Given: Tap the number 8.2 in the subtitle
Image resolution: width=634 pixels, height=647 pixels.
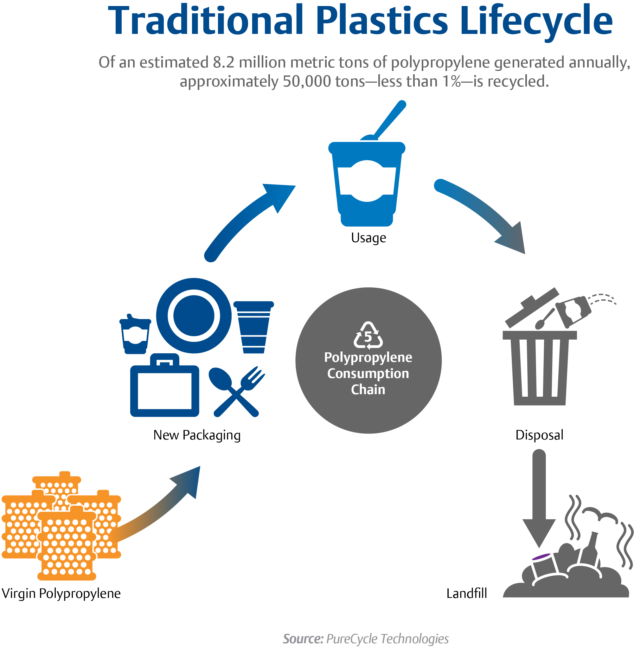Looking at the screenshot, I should (x=223, y=62).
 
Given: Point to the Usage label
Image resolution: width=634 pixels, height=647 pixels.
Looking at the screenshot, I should (x=368, y=238).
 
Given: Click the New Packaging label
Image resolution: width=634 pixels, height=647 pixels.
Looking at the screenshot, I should (x=197, y=435).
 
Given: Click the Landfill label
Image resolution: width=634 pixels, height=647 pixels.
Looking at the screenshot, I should (x=466, y=593).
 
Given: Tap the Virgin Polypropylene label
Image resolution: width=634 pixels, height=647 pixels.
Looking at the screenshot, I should (x=61, y=593).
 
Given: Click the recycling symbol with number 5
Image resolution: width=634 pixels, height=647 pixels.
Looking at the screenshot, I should (x=368, y=335).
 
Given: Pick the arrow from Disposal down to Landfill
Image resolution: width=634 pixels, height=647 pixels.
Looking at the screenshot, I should (x=539, y=499).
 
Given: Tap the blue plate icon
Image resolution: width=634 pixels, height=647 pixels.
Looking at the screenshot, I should (x=194, y=315).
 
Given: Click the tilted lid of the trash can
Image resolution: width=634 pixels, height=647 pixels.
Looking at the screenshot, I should (x=532, y=307).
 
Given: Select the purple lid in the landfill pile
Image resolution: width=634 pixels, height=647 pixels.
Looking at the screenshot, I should (x=541, y=557).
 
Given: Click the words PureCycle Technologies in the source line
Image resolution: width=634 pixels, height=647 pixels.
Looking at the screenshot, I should (x=387, y=638).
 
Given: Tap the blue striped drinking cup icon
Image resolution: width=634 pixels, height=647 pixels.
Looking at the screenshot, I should (x=253, y=327).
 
